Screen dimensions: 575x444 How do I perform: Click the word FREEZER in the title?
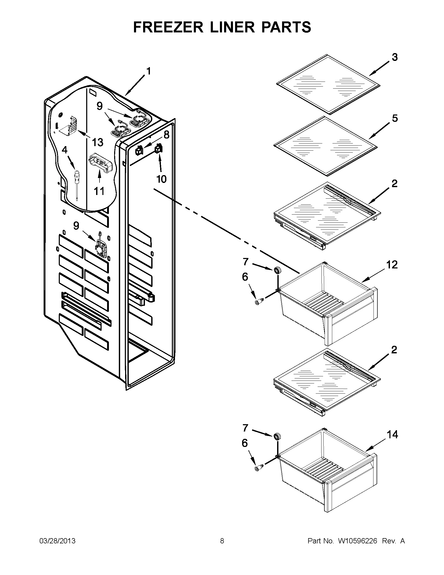pyautogui.click(x=168, y=27)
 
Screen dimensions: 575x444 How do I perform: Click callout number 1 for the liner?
pyautogui.click(x=149, y=71)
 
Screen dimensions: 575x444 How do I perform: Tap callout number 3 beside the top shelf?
pyautogui.click(x=395, y=57)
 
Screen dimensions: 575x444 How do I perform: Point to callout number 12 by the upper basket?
pyautogui.click(x=392, y=264)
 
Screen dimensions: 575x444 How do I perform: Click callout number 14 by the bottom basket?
pyautogui.click(x=392, y=434)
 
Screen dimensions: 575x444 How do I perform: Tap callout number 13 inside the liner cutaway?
pyautogui.click(x=97, y=142)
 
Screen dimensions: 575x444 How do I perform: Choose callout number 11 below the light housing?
pyautogui.click(x=99, y=191)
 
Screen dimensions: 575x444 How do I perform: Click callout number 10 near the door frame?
pyautogui.click(x=161, y=179)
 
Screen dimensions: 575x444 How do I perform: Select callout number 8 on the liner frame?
pyautogui.click(x=166, y=135)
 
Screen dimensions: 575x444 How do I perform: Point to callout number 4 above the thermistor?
pyautogui.click(x=65, y=150)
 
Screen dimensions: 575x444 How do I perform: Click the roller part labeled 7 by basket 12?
pyautogui.click(x=276, y=270)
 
